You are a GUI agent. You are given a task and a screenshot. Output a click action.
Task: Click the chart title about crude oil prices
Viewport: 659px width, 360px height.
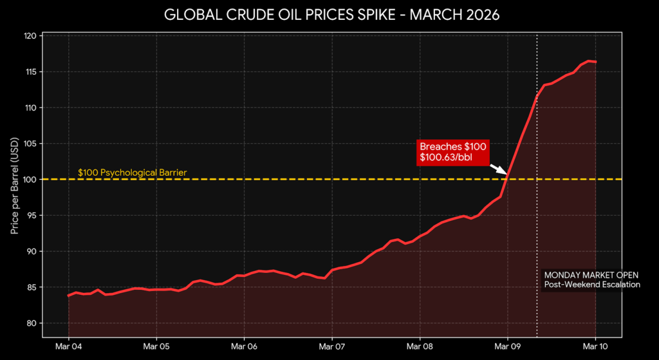point(329,14)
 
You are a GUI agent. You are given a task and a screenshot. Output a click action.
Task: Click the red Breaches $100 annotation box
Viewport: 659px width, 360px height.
point(452,152)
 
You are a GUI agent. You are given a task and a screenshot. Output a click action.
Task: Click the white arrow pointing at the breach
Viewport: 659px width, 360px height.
point(499,169)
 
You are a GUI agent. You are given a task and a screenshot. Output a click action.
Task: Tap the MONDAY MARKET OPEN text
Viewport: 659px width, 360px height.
point(582,274)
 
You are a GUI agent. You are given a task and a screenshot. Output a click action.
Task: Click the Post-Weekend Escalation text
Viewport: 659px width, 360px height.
point(592,284)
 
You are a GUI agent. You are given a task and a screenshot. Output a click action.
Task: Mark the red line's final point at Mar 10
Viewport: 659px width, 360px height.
point(595,62)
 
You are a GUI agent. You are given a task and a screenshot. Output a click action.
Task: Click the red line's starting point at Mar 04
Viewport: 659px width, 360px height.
point(69,296)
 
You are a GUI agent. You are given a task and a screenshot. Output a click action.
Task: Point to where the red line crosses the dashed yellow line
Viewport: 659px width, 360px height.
point(508,179)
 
